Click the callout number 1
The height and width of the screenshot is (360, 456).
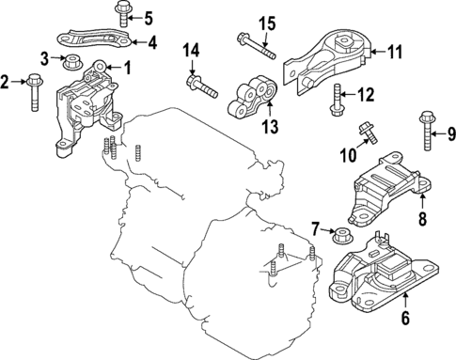pyautogui.click(x=128, y=67)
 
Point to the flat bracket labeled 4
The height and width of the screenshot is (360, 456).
pyautogui.click(x=95, y=40)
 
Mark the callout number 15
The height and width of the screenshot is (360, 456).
pyautogui.click(x=267, y=23)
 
